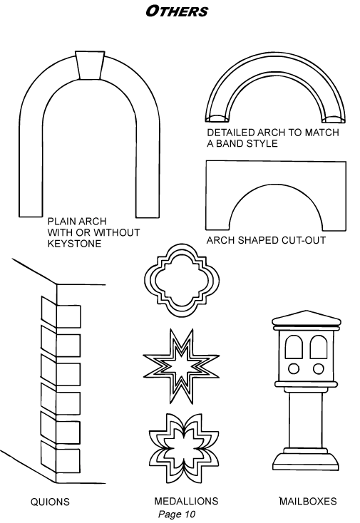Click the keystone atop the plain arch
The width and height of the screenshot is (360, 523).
[x=90, y=66]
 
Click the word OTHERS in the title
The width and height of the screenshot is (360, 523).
[x=177, y=11]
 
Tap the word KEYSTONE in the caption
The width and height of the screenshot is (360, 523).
[x=74, y=244]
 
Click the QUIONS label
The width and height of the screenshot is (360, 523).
[x=50, y=502]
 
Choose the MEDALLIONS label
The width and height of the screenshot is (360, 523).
[x=186, y=501]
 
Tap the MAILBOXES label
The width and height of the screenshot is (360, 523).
[x=308, y=501]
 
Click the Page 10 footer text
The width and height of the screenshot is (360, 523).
[x=177, y=514]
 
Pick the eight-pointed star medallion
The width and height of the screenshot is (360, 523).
[x=181, y=366]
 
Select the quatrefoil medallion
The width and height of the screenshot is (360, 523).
[x=182, y=280]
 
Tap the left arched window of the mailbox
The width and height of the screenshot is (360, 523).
[x=294, y=347]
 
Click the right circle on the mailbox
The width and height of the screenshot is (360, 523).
[x=318, y=369]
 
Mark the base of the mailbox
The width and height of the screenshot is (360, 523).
[x=306, y=460]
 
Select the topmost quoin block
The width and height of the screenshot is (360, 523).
[x=61, y=313]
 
